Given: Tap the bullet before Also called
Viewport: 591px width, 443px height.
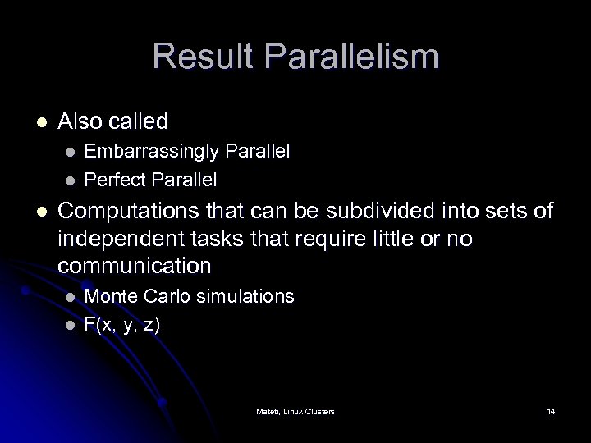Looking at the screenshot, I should [x=41, y=122].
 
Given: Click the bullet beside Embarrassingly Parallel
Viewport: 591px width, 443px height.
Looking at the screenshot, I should [x=71, y=153].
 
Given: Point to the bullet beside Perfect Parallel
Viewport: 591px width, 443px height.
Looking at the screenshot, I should [x=71, y=179].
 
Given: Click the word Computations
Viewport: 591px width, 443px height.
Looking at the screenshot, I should [x=129, y=212].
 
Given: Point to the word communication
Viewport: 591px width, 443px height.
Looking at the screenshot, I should [x=135, y=266].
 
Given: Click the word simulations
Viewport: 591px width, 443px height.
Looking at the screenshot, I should [x=244, y=295].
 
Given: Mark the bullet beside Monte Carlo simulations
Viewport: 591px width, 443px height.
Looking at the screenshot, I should [x=71, y=296].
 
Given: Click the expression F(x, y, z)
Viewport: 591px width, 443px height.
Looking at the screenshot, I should [x=122, y=323].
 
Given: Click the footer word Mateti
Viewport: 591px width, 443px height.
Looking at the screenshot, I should [x=268, y=410].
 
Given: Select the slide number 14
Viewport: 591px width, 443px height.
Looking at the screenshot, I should [x=550, y=410].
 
